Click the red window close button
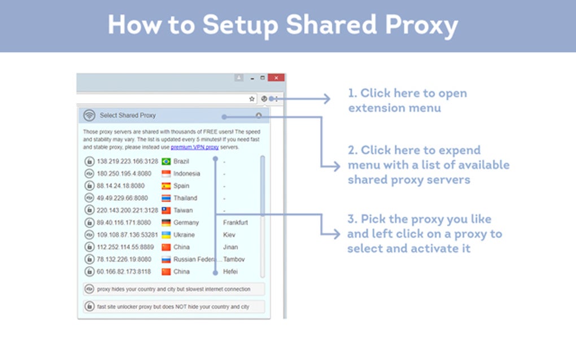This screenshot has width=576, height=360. pyautogui.click(x=276, y=78)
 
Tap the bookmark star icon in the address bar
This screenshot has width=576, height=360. pyautogui.click(x=252, y=99)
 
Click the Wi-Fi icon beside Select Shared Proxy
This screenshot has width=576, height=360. pyautogui.click(x=89, y=116)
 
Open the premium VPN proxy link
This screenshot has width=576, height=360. pyautogui.click(x=194, y=147)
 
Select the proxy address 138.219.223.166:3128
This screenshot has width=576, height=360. pyautogui.click(x=127, y=161)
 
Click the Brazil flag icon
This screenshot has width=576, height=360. pyautogui.click(x=166, y=161)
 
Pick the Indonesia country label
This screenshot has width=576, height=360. pyautogui.click(x=186, y=174)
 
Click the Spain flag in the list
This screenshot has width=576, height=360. pyautogui.click(x=166, y=186)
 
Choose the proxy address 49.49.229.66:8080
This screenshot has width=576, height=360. pyautogui.click(x=123, y=198)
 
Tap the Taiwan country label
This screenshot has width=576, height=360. pyautogui.click(x=183, y=210)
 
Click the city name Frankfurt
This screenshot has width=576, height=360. pyautogui.click(x=235, y=223)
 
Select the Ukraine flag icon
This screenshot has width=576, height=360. pyautogui.click(x=166, y=235)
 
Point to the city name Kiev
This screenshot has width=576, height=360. pyautogui.click(x=229, y=235)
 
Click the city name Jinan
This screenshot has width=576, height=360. pyautogui.click(x=230, y=247)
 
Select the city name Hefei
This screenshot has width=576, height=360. pyautogui.click(x=230, y=271)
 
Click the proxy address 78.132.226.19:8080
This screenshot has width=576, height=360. pyautogui.click(x=124, y=260)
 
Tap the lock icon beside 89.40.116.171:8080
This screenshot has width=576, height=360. pyautogui.click(x=89, y=223)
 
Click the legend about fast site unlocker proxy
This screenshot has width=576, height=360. pyautogui.click(x=174, y=307)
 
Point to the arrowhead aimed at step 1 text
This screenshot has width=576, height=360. pyautogui.click(x=326, y=99)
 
